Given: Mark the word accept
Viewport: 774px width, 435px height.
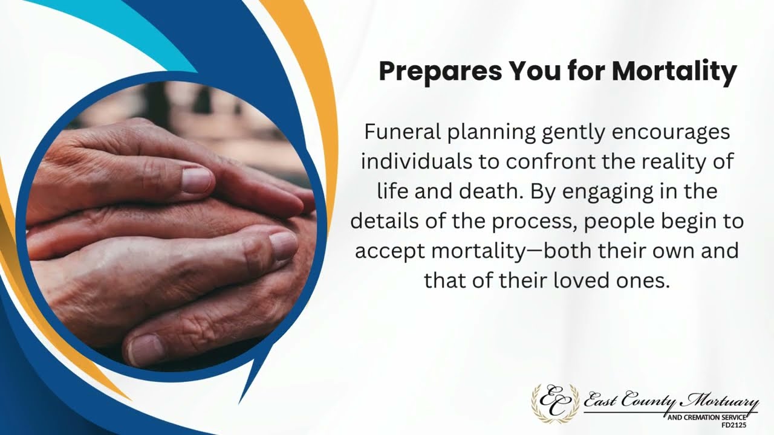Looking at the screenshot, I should (390, 251).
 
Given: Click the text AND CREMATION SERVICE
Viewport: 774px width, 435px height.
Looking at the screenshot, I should (705, 417).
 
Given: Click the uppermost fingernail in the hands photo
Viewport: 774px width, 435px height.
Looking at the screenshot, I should (197, 180).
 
